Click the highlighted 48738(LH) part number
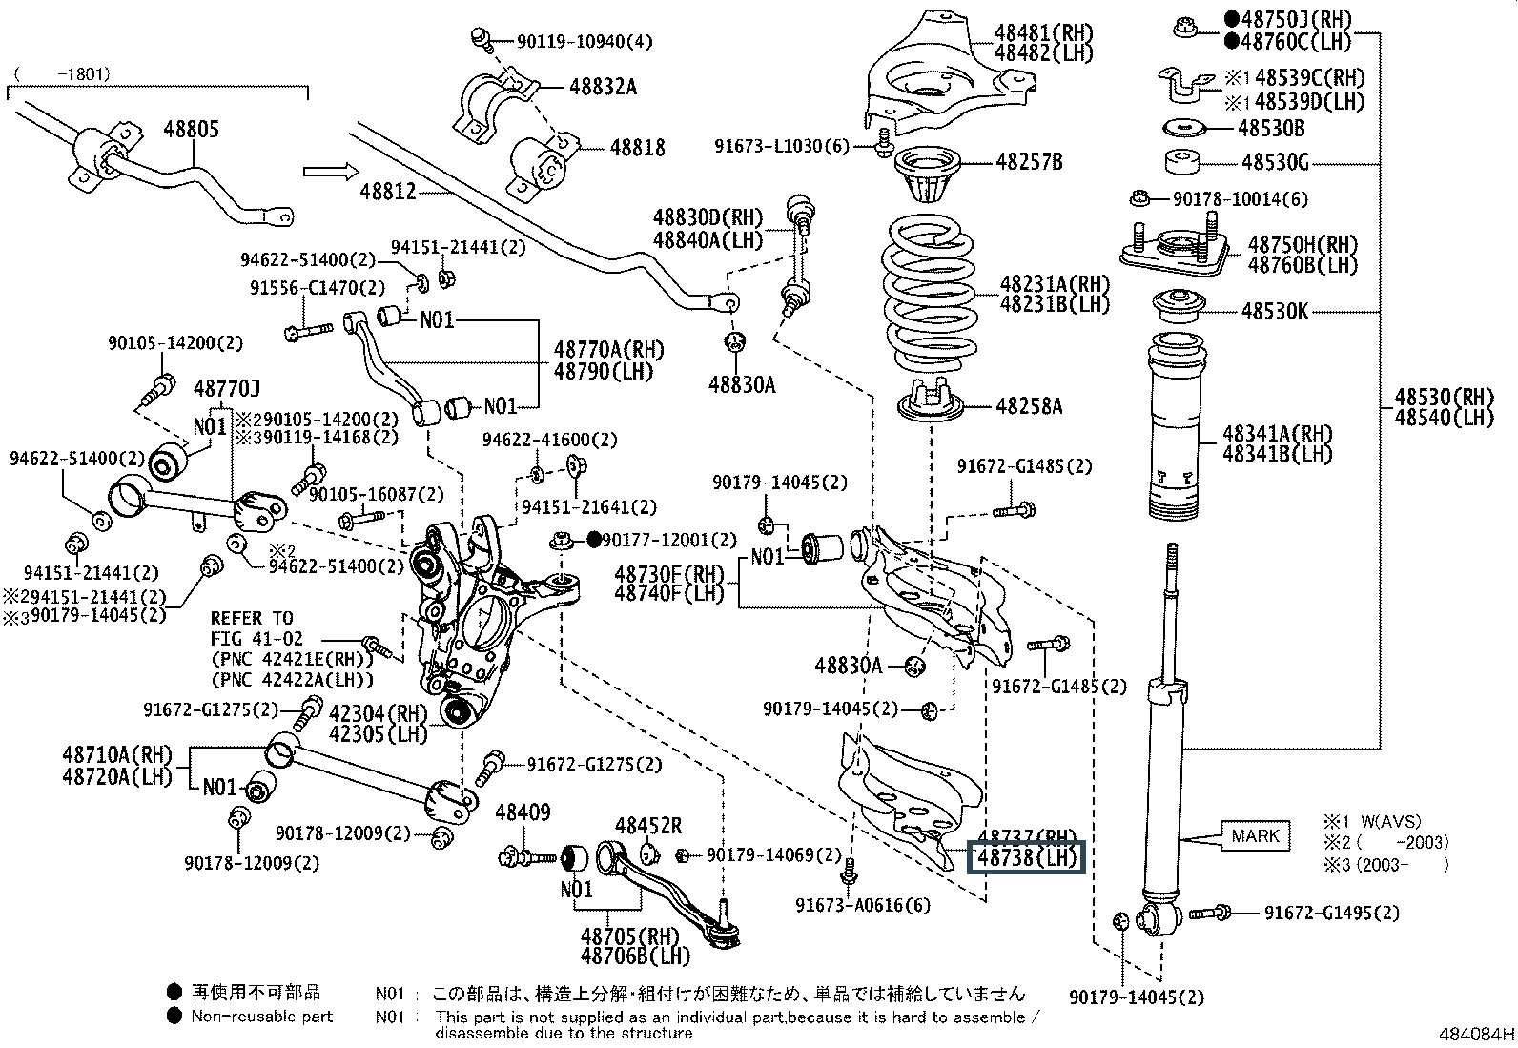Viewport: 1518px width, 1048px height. coord(1027,857)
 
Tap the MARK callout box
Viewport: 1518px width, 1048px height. coord(1255,836)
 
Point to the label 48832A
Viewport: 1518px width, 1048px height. coord(603,87)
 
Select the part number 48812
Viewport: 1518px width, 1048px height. coord(388,191)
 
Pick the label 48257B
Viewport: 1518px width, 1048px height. coord(1029,162)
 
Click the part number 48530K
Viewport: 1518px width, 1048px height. coord(1275,311)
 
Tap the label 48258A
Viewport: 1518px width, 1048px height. coord(1029,406)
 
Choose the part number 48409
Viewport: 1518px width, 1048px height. coord(523,813)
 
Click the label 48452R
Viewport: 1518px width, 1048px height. coord(648,826)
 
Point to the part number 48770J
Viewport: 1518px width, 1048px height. coord(227,388)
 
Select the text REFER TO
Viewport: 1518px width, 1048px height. coord(252,618)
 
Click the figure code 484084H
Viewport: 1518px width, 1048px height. coord(1477,1035)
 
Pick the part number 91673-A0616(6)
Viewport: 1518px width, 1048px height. coord(864,905)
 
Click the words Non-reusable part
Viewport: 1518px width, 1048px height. coord(262,1017)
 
